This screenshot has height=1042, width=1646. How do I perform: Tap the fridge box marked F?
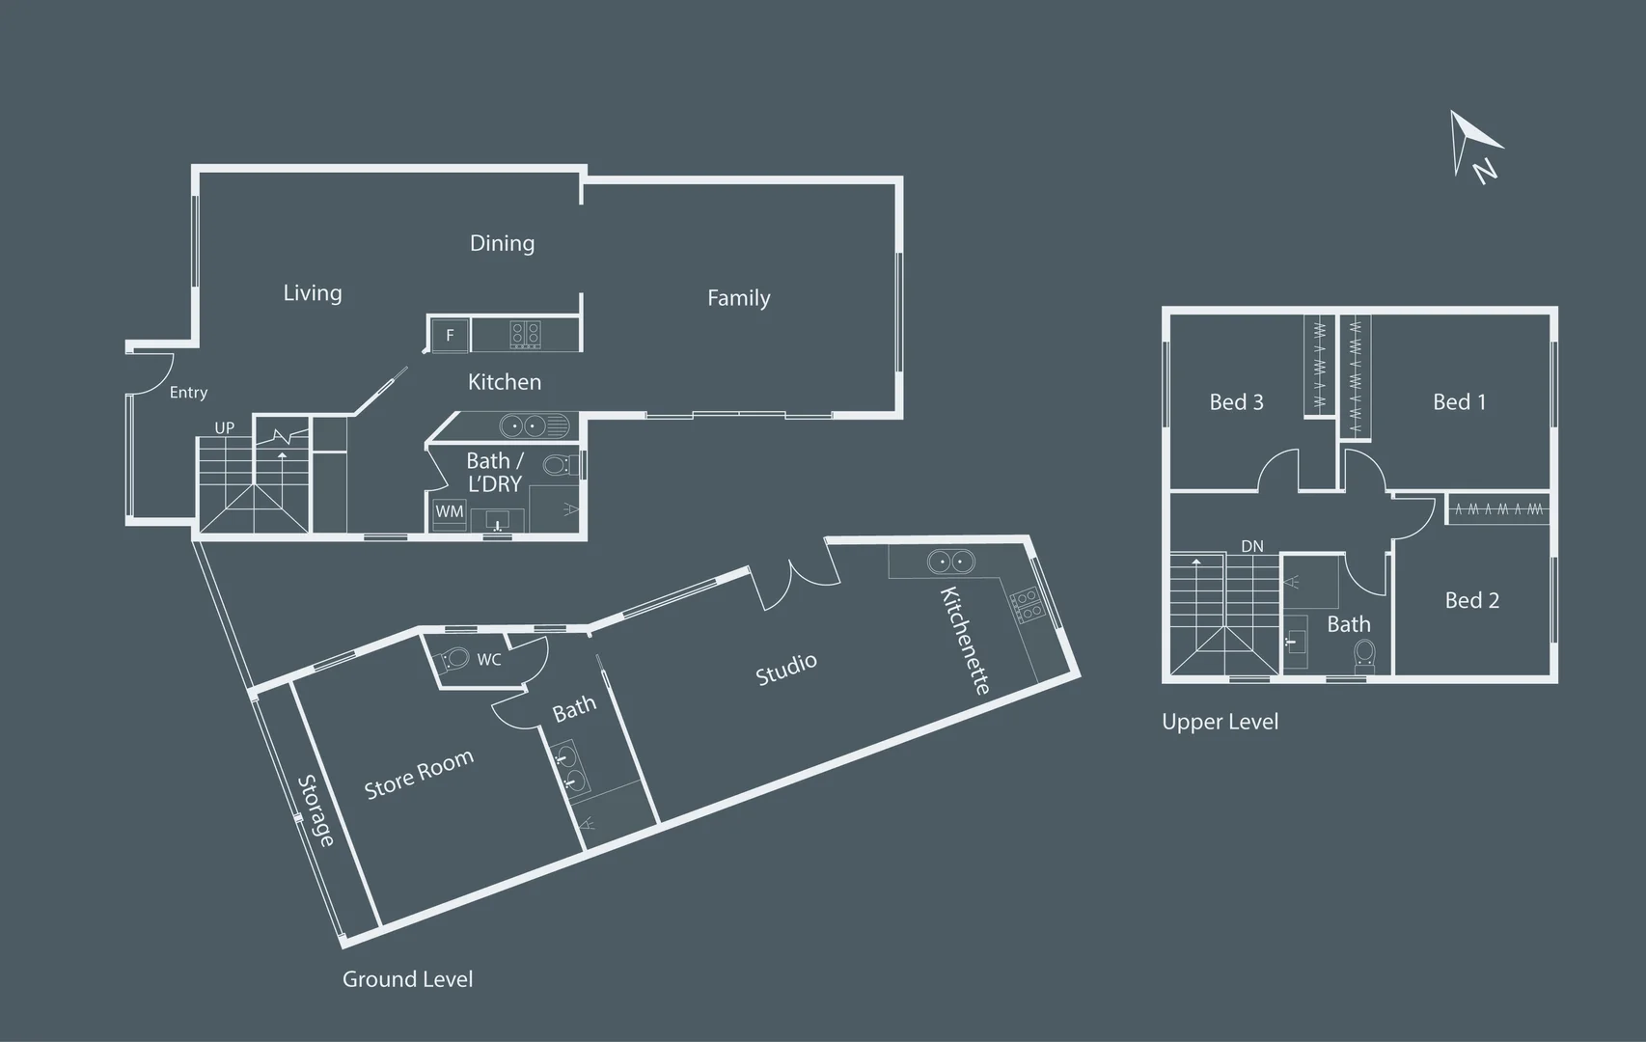click(x=450, y=335)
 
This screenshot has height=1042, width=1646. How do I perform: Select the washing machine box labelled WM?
click(x=449, y=511)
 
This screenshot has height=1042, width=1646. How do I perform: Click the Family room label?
click(x=738, y=297)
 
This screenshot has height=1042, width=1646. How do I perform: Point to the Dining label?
click(x=502, y=243)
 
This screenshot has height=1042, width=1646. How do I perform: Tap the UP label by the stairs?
click(x=224, y=427)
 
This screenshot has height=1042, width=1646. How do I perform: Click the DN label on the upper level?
click(x=1252, y=546)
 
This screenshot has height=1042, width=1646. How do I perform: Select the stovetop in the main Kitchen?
click(x=526, y=335)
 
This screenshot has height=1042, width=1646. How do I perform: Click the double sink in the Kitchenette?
click(x=951, y=562)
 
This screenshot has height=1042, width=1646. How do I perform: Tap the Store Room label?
click(x=419, y=775)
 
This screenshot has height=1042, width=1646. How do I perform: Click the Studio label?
click(x=786, y=669)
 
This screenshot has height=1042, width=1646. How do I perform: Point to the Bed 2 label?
click(x=1471, y=600)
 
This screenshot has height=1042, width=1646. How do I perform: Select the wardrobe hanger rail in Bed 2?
click(x=1498, y=509)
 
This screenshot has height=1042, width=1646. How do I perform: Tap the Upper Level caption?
click(x=1220, y=722)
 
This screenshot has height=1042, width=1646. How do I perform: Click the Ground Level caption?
click(x=407, y=978)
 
